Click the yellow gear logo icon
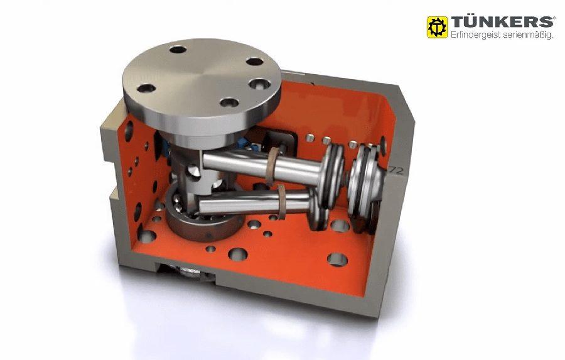pos(437,27)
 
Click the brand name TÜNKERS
pos(503,22)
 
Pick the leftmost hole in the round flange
pos(146,88)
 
